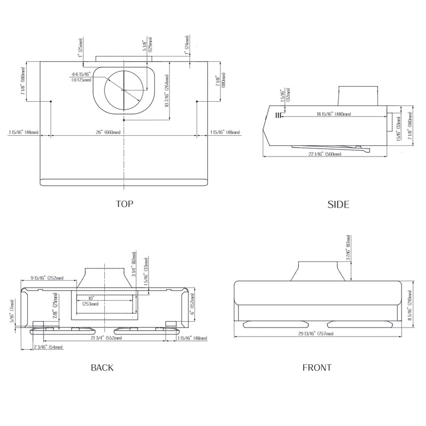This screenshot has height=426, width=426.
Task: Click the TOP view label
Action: pos(125,203)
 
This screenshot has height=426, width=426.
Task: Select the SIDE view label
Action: pos(338,204)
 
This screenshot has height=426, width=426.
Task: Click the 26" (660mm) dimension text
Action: pos(108,132)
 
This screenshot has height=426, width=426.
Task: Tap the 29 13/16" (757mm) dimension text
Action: pos(316,334)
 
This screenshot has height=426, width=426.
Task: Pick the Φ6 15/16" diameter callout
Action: pos(81,77)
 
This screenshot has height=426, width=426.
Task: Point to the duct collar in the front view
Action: pos(316,270)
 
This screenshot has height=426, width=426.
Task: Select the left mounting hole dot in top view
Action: pos(50,101)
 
